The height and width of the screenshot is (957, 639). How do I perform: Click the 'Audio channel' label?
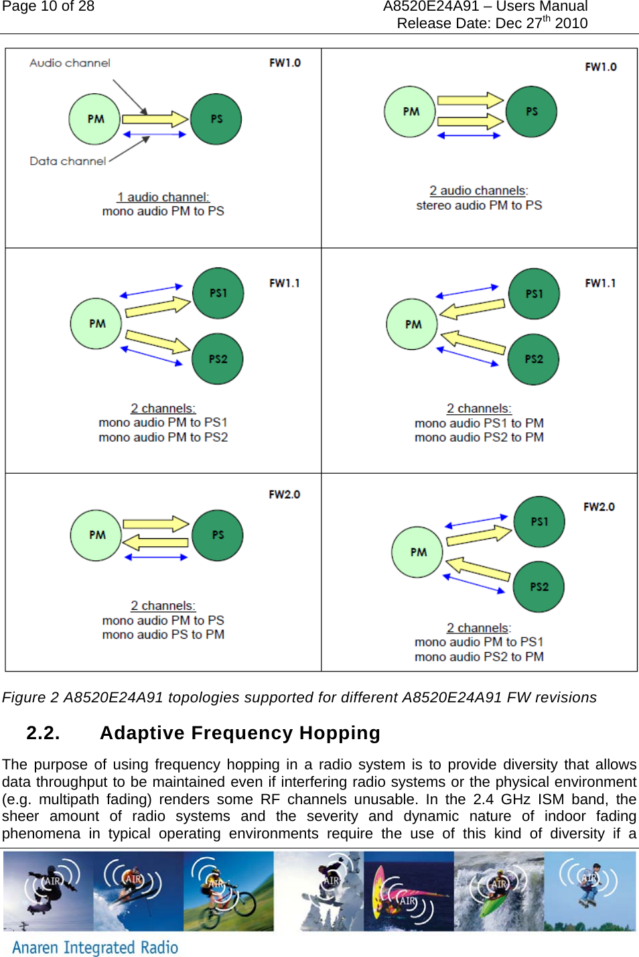(70, 63)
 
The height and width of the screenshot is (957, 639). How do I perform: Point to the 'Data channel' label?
(68, 161)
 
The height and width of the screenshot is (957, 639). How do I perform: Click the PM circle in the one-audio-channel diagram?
(94, 119)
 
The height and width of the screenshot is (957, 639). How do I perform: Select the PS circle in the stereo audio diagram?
(531, 112)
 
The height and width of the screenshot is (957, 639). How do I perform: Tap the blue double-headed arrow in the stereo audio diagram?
(469, 135)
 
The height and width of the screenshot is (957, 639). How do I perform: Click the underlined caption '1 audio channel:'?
(163, 197)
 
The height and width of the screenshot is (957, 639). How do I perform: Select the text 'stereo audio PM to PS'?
(479, 206)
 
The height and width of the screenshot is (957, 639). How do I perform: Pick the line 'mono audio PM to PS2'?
(163, 438)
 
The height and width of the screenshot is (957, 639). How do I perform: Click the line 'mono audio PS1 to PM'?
(479, 424)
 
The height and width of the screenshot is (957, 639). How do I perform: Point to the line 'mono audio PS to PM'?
(163, 635)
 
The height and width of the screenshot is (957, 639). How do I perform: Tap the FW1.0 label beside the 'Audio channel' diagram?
(285, 63)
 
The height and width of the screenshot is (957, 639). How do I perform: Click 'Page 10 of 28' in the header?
(48, 7)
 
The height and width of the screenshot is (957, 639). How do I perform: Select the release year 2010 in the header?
(571, 23)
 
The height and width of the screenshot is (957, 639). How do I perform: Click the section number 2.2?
(43, 733)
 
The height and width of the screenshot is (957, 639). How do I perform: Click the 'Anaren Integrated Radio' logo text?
(95, 947)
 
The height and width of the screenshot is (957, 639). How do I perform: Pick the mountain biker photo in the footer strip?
(228, 891)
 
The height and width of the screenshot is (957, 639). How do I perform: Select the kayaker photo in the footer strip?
(498, 891)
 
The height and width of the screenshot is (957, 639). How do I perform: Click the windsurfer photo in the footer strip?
(409, 891)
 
